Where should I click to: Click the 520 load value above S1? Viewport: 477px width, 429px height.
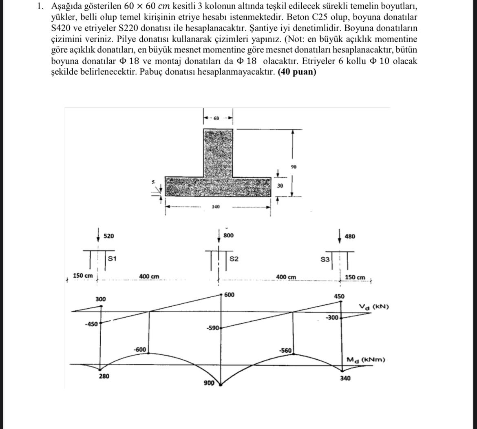pos(108,236)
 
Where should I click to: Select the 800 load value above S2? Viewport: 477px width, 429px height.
pos(229,236)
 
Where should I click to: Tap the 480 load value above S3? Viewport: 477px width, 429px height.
pos(350,236)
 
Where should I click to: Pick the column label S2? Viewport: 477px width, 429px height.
pos(234,259)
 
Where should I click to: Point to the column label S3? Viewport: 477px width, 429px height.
pos(325,259)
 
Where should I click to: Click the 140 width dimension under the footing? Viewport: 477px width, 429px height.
pos(216,207)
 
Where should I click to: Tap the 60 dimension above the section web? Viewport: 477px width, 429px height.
pos(216,118)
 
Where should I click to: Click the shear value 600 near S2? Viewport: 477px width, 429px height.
pos(229,295)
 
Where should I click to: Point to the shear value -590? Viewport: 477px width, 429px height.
pos(212,327)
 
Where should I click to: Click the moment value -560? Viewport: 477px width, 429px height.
pos(285,350)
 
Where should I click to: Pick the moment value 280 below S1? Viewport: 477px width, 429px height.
pos(104,376)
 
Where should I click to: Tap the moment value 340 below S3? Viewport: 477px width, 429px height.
pos(345,378)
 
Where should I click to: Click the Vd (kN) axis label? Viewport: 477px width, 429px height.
pos(373,307)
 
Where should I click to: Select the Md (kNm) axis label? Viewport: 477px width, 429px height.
pos(365,360)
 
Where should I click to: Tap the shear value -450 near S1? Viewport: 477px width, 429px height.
pos(91,324)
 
